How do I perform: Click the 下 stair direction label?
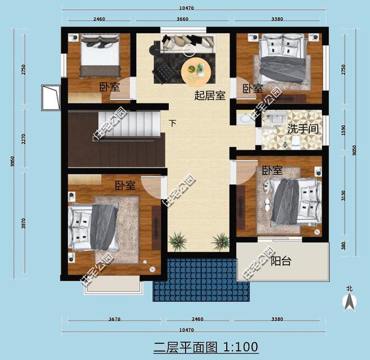(172, 123)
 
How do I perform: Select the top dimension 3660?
(183, 19)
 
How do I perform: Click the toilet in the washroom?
(296, 143)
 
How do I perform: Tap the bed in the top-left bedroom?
(99, 55)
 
